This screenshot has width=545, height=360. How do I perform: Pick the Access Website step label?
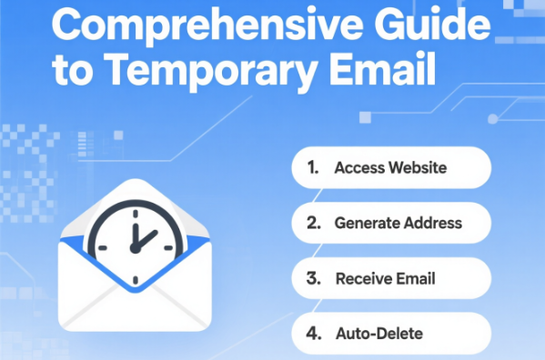pos(390,168)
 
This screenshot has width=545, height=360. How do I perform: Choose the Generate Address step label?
pos(398,223)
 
